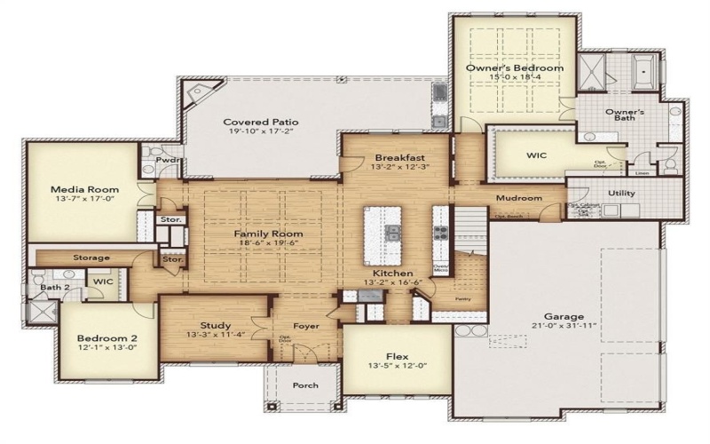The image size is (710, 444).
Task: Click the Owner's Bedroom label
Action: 515,67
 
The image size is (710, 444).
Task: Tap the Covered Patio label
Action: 260,122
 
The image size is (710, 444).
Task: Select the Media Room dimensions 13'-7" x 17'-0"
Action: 79,200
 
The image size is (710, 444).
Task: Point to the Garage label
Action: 564,316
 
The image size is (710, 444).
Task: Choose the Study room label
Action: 216,325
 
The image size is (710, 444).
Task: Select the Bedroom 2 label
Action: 106,338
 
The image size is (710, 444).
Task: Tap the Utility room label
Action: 621,193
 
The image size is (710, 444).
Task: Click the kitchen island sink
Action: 391,234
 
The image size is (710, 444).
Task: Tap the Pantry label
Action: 461,301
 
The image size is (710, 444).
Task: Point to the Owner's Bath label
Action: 625,117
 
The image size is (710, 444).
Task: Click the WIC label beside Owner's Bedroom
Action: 537,155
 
